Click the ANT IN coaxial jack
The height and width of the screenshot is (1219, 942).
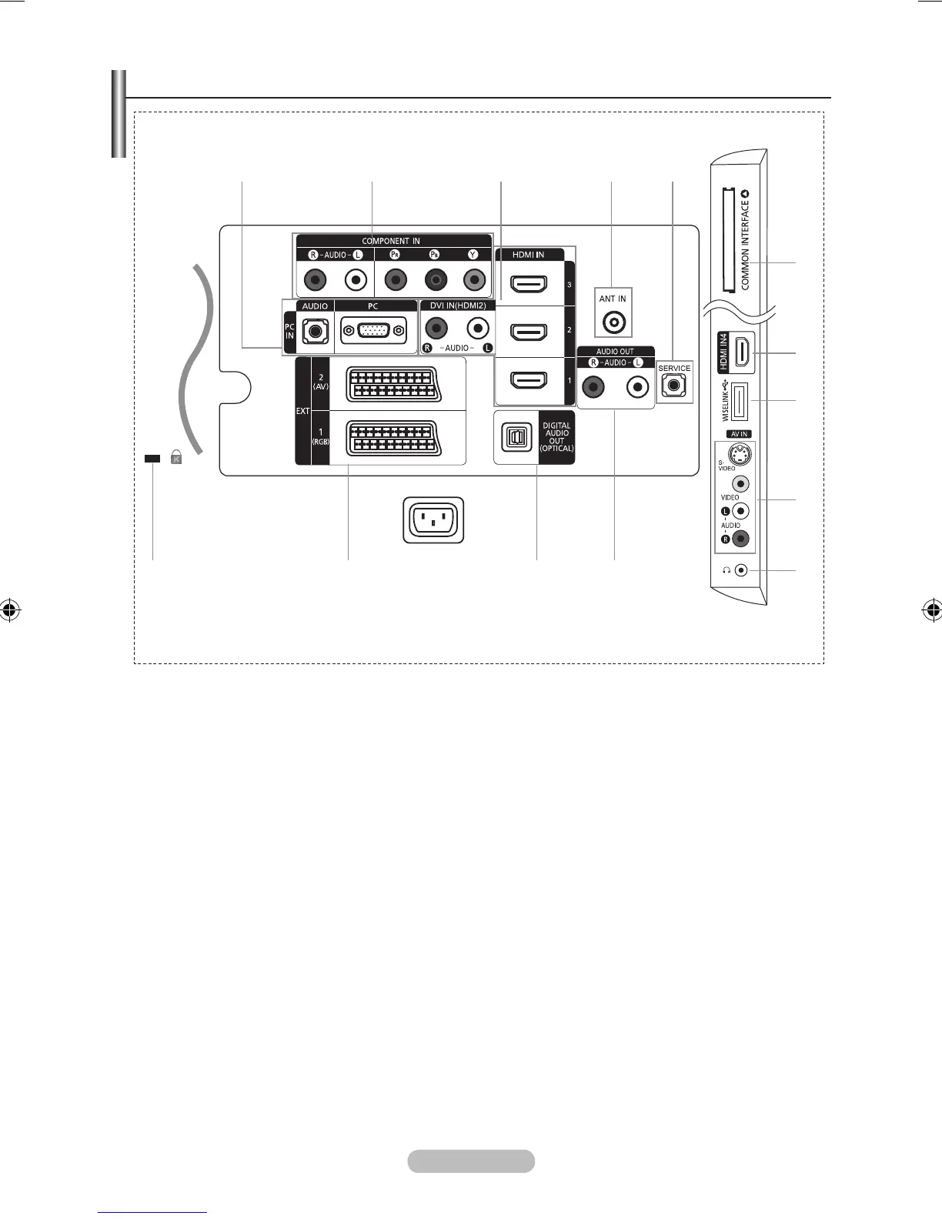(613, 322)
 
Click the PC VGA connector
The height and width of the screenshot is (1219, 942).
(373, 331)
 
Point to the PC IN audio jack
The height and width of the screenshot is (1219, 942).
(315, 332)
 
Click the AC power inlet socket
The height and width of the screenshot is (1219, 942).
(433, 520)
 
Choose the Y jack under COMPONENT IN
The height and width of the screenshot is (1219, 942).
(474, 280)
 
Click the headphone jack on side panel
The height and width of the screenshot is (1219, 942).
(740, 570)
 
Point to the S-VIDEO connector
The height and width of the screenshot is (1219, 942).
(740, 454)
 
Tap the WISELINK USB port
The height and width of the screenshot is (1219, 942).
(737, 402)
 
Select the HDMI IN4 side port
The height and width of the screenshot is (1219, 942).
(742, 353)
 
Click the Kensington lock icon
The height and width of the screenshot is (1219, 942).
(176, 458)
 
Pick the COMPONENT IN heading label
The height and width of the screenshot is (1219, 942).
(391, 241)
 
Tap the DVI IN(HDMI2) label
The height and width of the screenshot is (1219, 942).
(458, 306)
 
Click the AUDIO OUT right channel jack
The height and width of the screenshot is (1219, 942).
(593, 387)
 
